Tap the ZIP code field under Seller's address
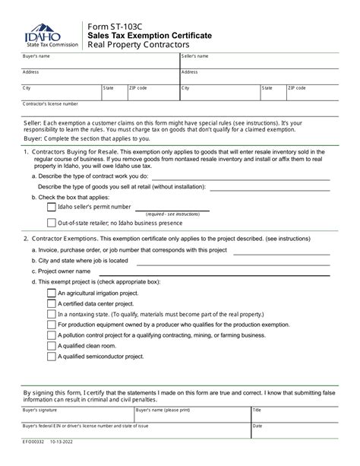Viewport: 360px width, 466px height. (x=312, y=93)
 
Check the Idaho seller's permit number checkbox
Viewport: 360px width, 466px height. (x=51, y=207)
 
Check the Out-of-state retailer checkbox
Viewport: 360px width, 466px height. (x=51, y=223)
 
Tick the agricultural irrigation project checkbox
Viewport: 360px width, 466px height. (x=51, y=292)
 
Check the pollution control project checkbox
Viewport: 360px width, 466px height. (x=51, y=334)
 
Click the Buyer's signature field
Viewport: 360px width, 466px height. (x=76, y=415)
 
